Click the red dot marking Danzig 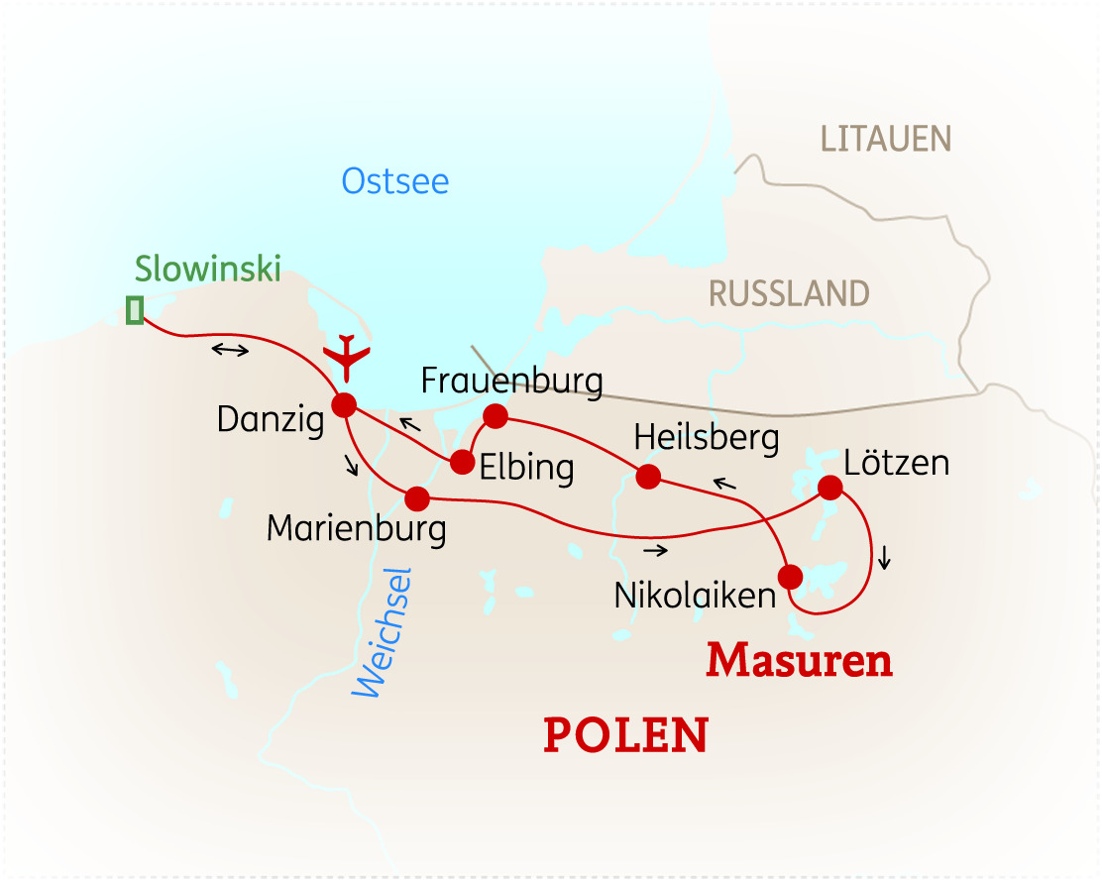click(344, 404)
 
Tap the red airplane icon click(346, 357)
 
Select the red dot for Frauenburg click(495, 414)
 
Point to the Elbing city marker click(462, 461)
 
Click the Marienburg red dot click(417, 496)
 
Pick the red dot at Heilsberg click(648, 477)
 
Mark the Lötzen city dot click(829, 487)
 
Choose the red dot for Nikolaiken click(790, 576)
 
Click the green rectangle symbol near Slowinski click(135, 310)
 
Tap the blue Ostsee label click(395, 181)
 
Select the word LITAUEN click(885, 139)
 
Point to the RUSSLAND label click(789, 293)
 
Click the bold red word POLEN click(625, 735)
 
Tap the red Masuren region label click(799, 661)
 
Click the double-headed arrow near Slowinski click(230, 350)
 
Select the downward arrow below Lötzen click(884, 558)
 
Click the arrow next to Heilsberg click(724, 484)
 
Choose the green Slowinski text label click(208, 268)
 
